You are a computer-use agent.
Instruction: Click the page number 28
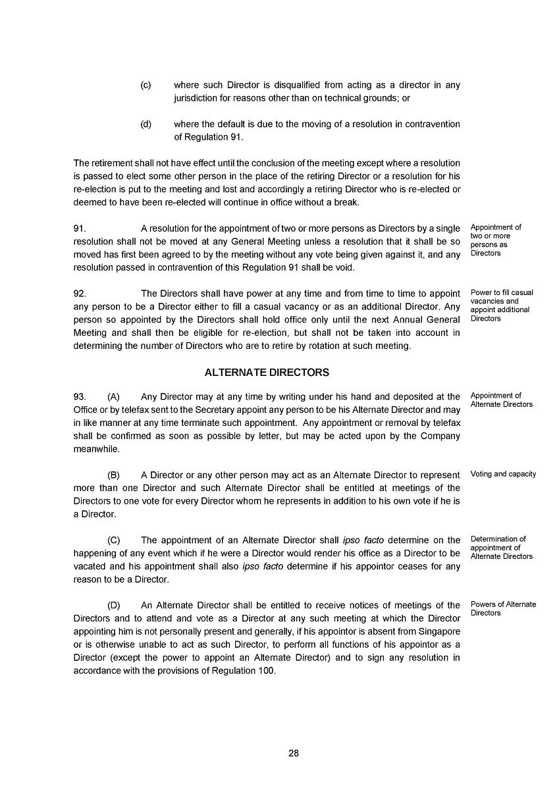point(294,753)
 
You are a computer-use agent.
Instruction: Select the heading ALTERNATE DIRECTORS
point(267,373)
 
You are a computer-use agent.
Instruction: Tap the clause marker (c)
point(146,85)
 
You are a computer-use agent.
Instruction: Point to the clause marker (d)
point(146,124)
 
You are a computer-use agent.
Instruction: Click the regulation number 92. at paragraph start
point(80,294)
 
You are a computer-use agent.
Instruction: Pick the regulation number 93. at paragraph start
point(80,397)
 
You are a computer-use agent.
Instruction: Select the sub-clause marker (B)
point(113,475)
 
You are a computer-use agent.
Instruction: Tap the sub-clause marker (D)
point(113,605)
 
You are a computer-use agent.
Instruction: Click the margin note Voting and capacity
point(503,474)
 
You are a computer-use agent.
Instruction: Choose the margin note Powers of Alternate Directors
point(503,608)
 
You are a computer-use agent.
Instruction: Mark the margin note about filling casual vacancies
point(502,305)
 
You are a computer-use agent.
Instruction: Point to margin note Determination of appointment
point(501,548)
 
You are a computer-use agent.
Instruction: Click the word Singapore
point(437,631)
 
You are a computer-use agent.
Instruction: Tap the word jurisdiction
point(198,98)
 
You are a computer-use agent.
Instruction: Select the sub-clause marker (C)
point(113,540)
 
